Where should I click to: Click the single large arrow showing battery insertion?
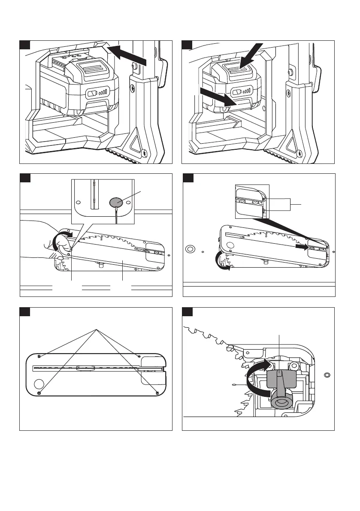click(131, 56)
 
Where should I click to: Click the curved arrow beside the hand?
click(61, 240)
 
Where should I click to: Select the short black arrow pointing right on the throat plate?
click(302, 248)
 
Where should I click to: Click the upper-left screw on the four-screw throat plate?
click(39, 356)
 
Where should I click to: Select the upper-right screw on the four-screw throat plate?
click(139, 356)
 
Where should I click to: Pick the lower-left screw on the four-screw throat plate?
click(39, 393)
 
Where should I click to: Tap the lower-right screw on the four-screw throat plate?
click(157, 393)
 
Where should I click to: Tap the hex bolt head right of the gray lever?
click(294, 366)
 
